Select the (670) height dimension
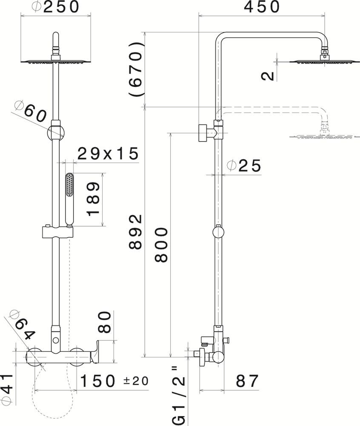coord(136,69)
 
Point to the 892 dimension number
coord(136,232)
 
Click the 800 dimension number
coord(161,245)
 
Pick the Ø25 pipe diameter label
coord(244,165)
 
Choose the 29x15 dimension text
coord(108,153)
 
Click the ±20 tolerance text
coord(136,380)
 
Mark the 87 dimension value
coord(247,381)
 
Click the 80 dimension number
coord(105,322)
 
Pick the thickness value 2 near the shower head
coord(268,76)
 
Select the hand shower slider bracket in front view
coord(57,232)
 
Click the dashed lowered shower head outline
coord(321,137)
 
